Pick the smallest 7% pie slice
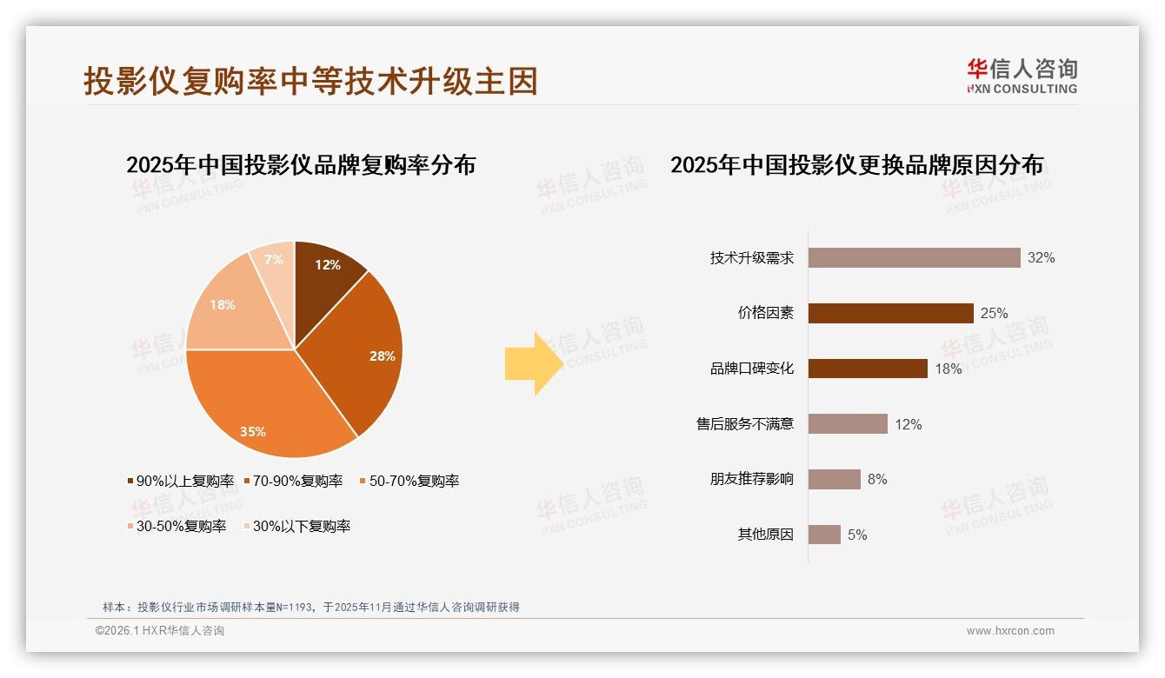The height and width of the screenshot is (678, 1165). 274,261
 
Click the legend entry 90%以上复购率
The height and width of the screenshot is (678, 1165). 181,481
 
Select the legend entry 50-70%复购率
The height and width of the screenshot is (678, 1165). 409,481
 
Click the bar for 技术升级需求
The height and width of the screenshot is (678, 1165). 914,257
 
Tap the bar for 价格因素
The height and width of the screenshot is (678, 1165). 890,313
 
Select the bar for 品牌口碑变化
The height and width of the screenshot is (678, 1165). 868,369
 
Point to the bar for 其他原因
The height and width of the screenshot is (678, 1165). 824,535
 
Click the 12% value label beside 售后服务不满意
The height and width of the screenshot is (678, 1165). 909,424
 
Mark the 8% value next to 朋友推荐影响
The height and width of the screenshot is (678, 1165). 877,479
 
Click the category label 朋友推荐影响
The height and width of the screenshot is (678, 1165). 751,479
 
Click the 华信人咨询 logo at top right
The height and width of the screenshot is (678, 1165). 1022,76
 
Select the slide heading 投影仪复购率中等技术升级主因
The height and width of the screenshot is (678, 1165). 310,81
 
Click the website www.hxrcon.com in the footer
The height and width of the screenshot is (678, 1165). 1010,631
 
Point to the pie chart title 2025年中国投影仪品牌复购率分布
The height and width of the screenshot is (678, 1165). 301,164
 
